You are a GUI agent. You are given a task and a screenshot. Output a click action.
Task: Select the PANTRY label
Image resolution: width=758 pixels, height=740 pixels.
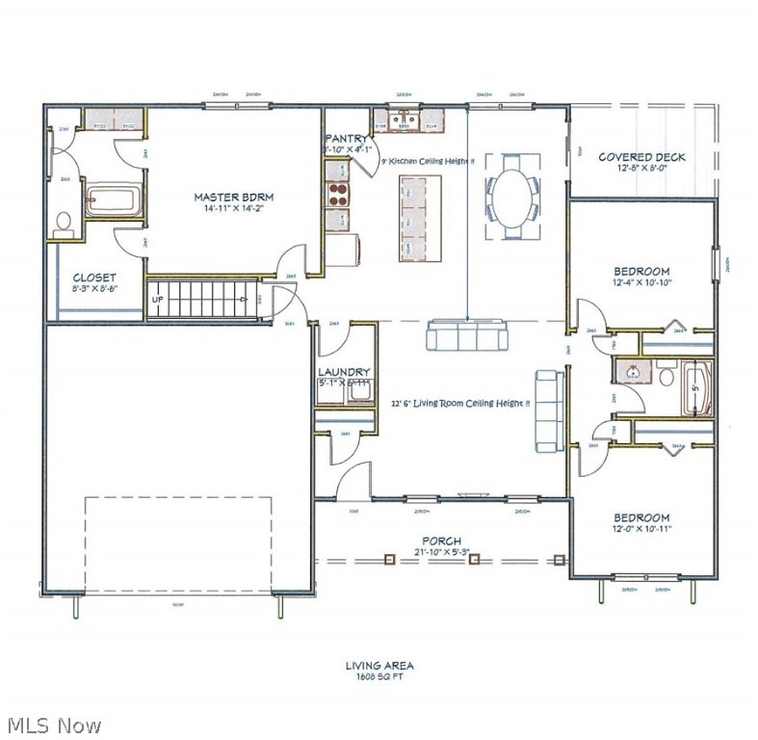pos(346,139)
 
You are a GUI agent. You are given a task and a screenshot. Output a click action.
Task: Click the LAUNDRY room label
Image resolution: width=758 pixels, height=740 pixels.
pos(344,372)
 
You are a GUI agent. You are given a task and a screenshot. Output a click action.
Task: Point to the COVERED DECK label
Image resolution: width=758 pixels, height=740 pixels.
pos(641,157)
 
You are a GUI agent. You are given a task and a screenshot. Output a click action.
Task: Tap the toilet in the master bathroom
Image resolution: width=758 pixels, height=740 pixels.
pos(64,224)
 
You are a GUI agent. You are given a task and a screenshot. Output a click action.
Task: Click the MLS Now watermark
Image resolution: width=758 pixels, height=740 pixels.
pos(53,725)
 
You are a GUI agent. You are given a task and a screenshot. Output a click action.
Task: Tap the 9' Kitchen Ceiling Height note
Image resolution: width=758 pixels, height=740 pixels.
pos(428,161)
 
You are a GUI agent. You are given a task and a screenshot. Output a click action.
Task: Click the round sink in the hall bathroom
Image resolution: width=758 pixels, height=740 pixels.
pos(631,371)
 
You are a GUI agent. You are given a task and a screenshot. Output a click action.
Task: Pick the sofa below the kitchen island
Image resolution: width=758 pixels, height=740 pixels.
pos(467,336)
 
